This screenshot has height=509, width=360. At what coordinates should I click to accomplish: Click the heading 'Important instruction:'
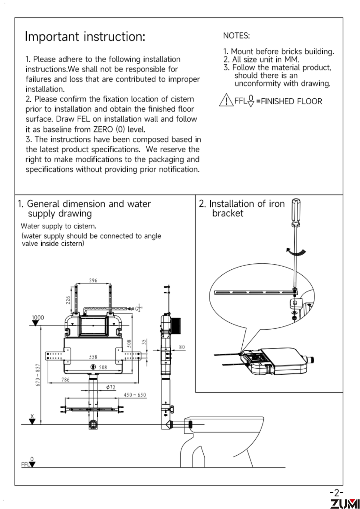point(85,37)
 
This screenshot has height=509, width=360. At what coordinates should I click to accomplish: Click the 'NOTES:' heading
point(236,36)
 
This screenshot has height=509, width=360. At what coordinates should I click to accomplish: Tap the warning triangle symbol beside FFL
point(226,100)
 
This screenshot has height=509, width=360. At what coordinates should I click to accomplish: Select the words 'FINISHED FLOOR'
point(291,101)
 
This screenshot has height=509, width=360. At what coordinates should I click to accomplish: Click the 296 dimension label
point(93,280)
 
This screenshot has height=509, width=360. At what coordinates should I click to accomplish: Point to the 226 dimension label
point(68,300)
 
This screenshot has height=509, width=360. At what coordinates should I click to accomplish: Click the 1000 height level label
point(38,317)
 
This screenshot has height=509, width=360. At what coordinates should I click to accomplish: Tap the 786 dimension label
point(65,379)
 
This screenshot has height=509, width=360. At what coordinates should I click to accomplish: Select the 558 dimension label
point(93,357)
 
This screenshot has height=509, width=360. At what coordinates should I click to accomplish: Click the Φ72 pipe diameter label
point(111,387)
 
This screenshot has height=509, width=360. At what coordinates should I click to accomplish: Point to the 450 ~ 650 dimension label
point(135,395)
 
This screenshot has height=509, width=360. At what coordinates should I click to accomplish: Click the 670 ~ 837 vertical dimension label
point(38,375)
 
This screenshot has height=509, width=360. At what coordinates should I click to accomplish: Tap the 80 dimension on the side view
point(182,347)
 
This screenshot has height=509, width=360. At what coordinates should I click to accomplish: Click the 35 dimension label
point(144,342)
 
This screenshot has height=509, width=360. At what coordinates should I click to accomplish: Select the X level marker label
point(32,416)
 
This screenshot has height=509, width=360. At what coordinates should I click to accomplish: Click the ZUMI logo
point(345,504)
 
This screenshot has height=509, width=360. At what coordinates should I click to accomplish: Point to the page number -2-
point(337,492)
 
